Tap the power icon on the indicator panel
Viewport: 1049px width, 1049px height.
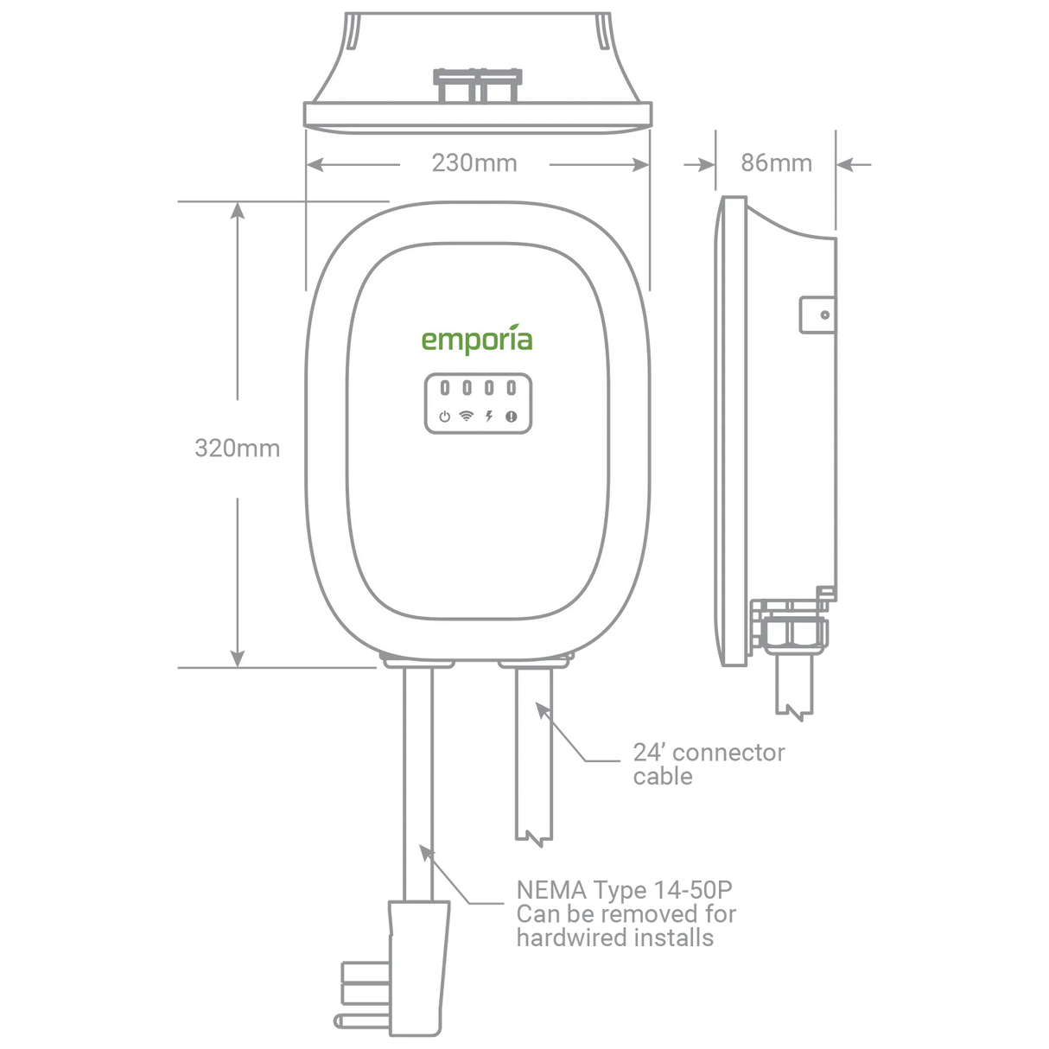[444, 416]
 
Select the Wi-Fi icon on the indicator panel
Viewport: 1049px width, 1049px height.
[467, 416]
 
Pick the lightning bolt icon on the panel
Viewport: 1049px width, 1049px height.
[489, 416]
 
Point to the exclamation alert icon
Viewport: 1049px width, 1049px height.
[511, 416]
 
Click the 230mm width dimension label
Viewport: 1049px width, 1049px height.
[474, 164]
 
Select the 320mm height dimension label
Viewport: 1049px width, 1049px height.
[237, 449]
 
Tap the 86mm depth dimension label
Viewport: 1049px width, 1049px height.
[776, 164]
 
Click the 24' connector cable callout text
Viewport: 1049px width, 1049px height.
[709, 764]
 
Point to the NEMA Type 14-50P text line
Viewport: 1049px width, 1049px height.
[625, 890]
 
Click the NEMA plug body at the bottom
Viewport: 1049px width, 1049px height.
[420, 968]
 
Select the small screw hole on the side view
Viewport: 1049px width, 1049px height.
[824, 315]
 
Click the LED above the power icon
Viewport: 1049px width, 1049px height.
[444, 388]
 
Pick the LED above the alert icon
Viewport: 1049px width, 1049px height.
[511, 388]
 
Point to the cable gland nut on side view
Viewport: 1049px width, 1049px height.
[791, 630]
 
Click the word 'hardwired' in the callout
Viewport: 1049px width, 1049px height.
[564, 938]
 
